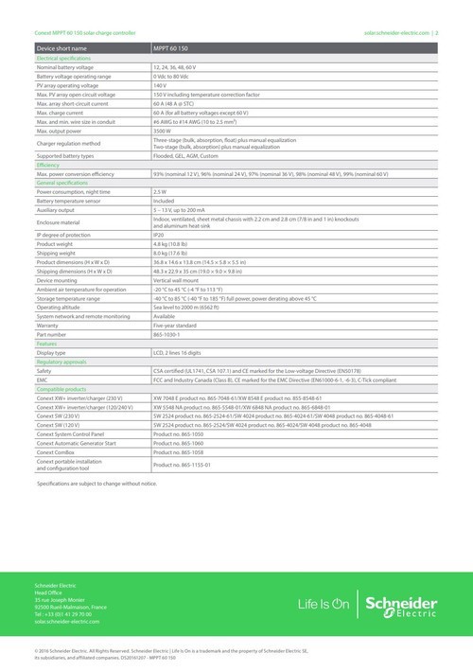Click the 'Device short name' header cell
62,46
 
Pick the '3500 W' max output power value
163,131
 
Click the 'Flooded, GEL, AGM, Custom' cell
187,155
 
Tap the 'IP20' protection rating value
160,233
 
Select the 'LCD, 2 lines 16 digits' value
182,351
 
